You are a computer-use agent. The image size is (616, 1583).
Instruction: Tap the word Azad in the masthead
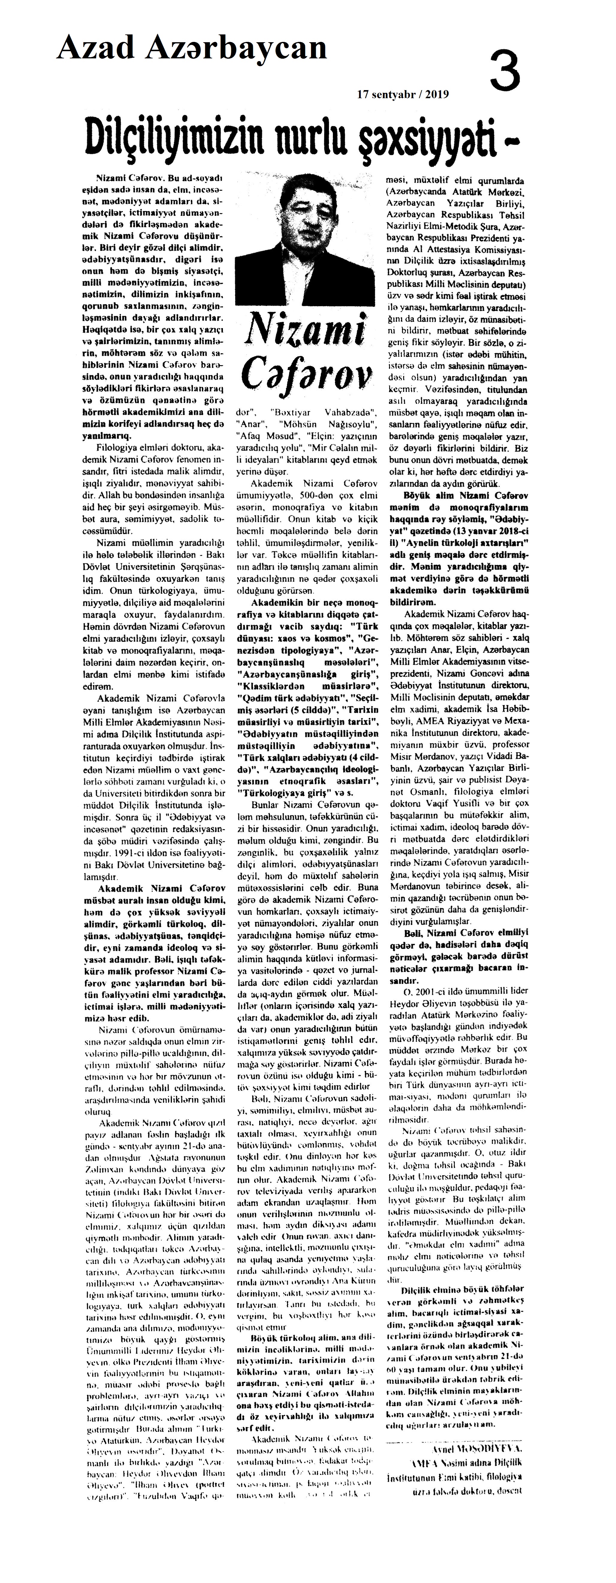coord(97,47)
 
